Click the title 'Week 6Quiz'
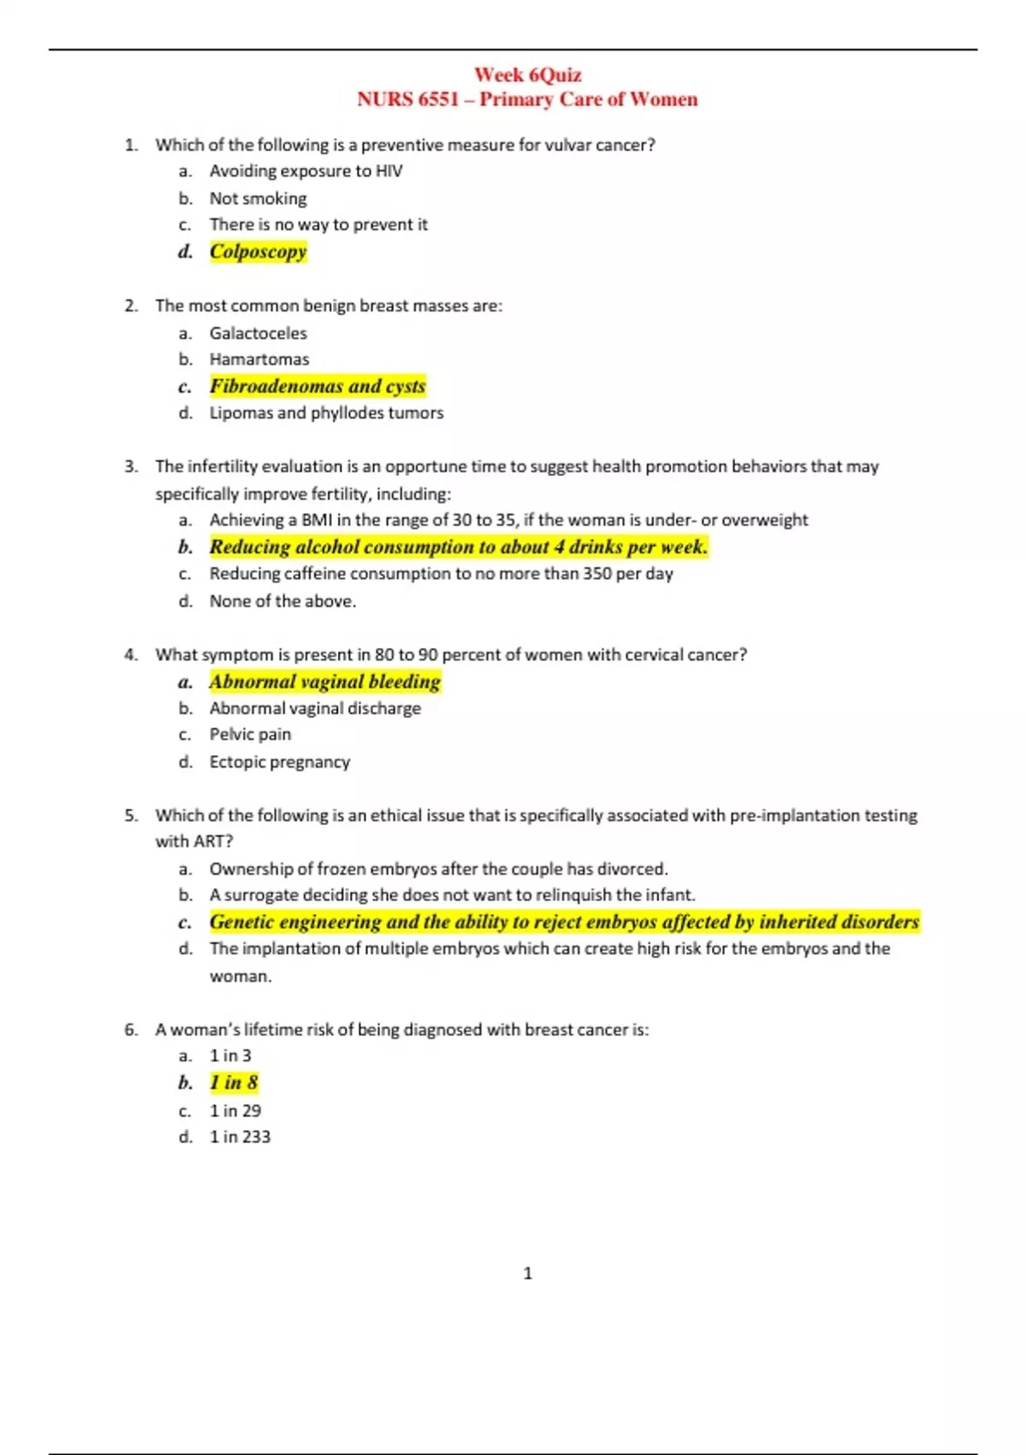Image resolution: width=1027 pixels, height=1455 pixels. pyautogui.click(x=527, y=75)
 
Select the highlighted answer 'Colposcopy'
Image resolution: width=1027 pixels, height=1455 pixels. pyautogui.click(x=258, y=252)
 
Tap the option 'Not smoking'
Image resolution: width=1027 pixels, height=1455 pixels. pyautogui.click(x=258, y=199)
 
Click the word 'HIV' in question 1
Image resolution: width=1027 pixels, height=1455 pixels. pyautogui.click(x=389, y=171)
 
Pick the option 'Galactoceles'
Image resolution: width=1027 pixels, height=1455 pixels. pyautogui.click(x=258, y=333)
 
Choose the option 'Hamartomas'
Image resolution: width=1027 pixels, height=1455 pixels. pyautogui.click(x=259, y=359)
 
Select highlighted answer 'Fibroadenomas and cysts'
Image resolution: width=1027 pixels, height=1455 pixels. pyautogui.click(x=318, y=386)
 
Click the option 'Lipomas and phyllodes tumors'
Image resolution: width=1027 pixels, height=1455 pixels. pyautogui.click(x=326, y=413)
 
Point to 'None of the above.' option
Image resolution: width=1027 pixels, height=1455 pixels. pyautogui.click(x=282, y=601)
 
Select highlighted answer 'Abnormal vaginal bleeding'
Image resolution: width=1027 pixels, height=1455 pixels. pyautogui.click(x=324, y=681)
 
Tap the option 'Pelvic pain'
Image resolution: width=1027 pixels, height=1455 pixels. pyautogui.click(x=250, y=734)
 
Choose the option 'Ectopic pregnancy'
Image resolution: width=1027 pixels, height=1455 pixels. pyautogui.click(x=280, y=762)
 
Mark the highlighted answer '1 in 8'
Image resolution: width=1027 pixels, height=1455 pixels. pyautogui.click(x=234, y=1083)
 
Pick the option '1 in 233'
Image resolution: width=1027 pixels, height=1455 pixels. pyautogui.click(x=240, y=1137)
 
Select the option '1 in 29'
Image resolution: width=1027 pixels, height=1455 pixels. pyautogui.click(x=235, y=1111)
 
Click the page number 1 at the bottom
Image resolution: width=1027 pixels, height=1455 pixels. pyautogui.click(x=527, y=1274)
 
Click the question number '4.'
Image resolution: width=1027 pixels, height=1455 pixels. pyautogui.click(x=131, y=655)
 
